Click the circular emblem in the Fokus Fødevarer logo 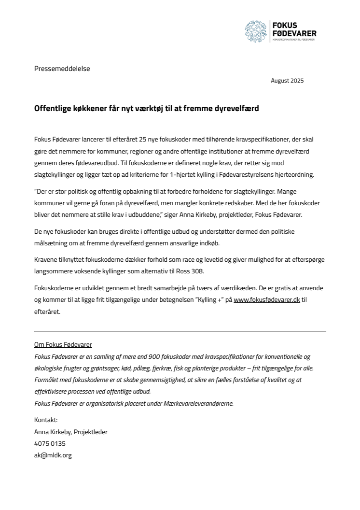(x=256, y=31)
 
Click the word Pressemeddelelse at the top (x=62, y=69)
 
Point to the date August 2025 (x=287, y=81)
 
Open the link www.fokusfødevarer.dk (x=267, y=299)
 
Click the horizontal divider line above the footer (x=180, y=332)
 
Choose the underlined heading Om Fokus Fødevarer (x=63, y=345)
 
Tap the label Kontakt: (x=46, y=420)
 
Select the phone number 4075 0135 (x=50, y=443)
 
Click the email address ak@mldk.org (x=53, y=455)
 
